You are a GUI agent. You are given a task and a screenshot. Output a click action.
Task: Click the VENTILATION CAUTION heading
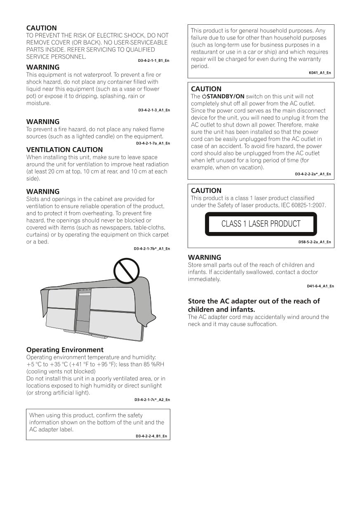coord(64,150)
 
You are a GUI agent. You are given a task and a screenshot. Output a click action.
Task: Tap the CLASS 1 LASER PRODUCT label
coord(261,224)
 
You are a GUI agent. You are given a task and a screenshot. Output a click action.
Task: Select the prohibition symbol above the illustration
coord(127,271)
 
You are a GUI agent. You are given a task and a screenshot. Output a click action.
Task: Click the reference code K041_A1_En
coord(320,73)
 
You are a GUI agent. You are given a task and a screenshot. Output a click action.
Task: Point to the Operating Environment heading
coord(65,349)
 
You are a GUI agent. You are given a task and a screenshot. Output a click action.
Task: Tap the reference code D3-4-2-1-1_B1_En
coord(153,61)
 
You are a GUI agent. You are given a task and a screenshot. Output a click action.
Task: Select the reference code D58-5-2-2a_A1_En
coord(314,242)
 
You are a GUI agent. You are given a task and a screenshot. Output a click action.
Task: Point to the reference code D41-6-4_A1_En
coord(320,286)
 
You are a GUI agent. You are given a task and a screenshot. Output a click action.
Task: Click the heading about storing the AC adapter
coord(254,305)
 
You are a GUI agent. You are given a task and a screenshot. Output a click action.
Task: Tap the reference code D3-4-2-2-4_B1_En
coord(151,436)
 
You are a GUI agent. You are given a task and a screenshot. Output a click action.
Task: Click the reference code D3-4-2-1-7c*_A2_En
coord(152,400)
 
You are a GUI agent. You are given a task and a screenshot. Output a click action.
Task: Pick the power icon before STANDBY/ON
coord(204,96)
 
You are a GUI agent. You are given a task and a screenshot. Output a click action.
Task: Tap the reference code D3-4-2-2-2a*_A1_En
coord(313,174)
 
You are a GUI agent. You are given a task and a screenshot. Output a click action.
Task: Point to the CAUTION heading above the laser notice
coord(206,190)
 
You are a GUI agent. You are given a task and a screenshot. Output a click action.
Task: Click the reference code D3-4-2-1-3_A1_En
coord(154,110)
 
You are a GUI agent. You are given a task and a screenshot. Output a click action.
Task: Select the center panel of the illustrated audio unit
coord(83,309)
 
